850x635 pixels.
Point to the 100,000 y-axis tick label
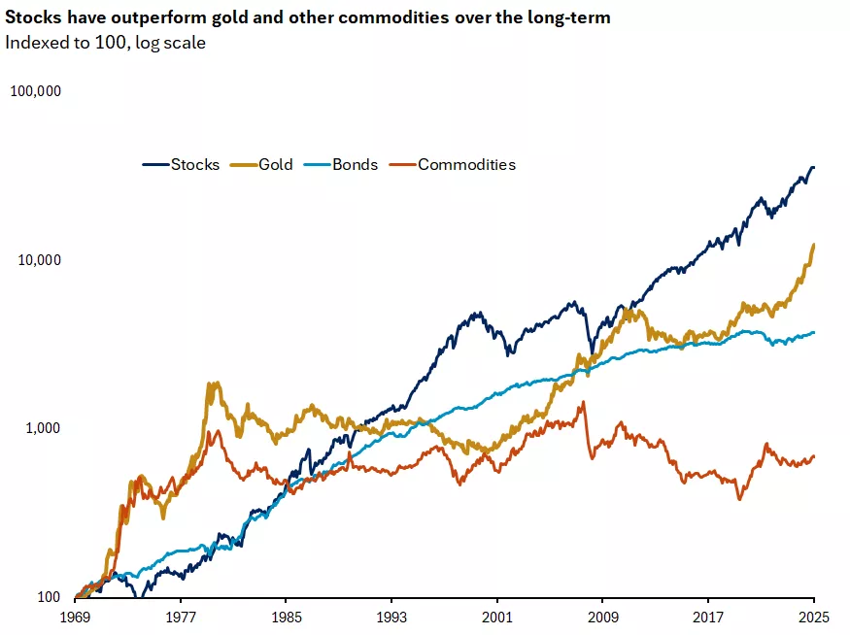(x=36, y=91)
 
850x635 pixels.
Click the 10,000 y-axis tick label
(x=40, y=260)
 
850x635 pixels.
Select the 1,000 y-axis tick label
(x=44, y=428)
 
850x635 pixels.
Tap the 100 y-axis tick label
(x=50, y=597)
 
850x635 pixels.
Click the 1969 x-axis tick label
(x=76, y=616)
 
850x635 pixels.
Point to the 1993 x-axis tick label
(x=391, y=616)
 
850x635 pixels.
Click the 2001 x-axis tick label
(x=497, y=616)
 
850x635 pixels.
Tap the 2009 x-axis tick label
(x=602, y=616)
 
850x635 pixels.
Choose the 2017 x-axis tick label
(x=708, y=616)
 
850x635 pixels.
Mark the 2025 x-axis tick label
(x=812, y=616)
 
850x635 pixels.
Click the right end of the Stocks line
(x=813, y=167)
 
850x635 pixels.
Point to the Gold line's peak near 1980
(x=213, y=384)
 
